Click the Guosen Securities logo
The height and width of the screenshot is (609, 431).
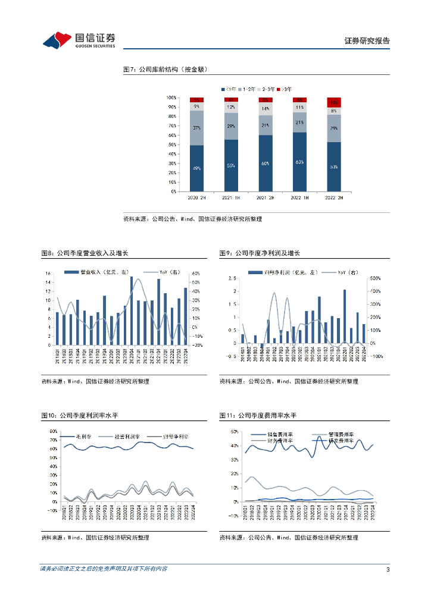point(79,40)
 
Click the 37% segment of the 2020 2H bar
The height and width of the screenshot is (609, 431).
point(197,127)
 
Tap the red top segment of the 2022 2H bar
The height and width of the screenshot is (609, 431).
point(334,102)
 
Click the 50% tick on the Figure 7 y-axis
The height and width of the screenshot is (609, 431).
point(171,145)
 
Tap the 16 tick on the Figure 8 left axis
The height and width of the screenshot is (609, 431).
point(48,274)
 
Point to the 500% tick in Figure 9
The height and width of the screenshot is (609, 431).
point(376,278)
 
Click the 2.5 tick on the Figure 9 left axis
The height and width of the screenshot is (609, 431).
point(232,278)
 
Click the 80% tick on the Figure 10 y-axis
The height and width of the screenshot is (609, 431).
point(53,431)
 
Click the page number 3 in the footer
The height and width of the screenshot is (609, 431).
point(388,570)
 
